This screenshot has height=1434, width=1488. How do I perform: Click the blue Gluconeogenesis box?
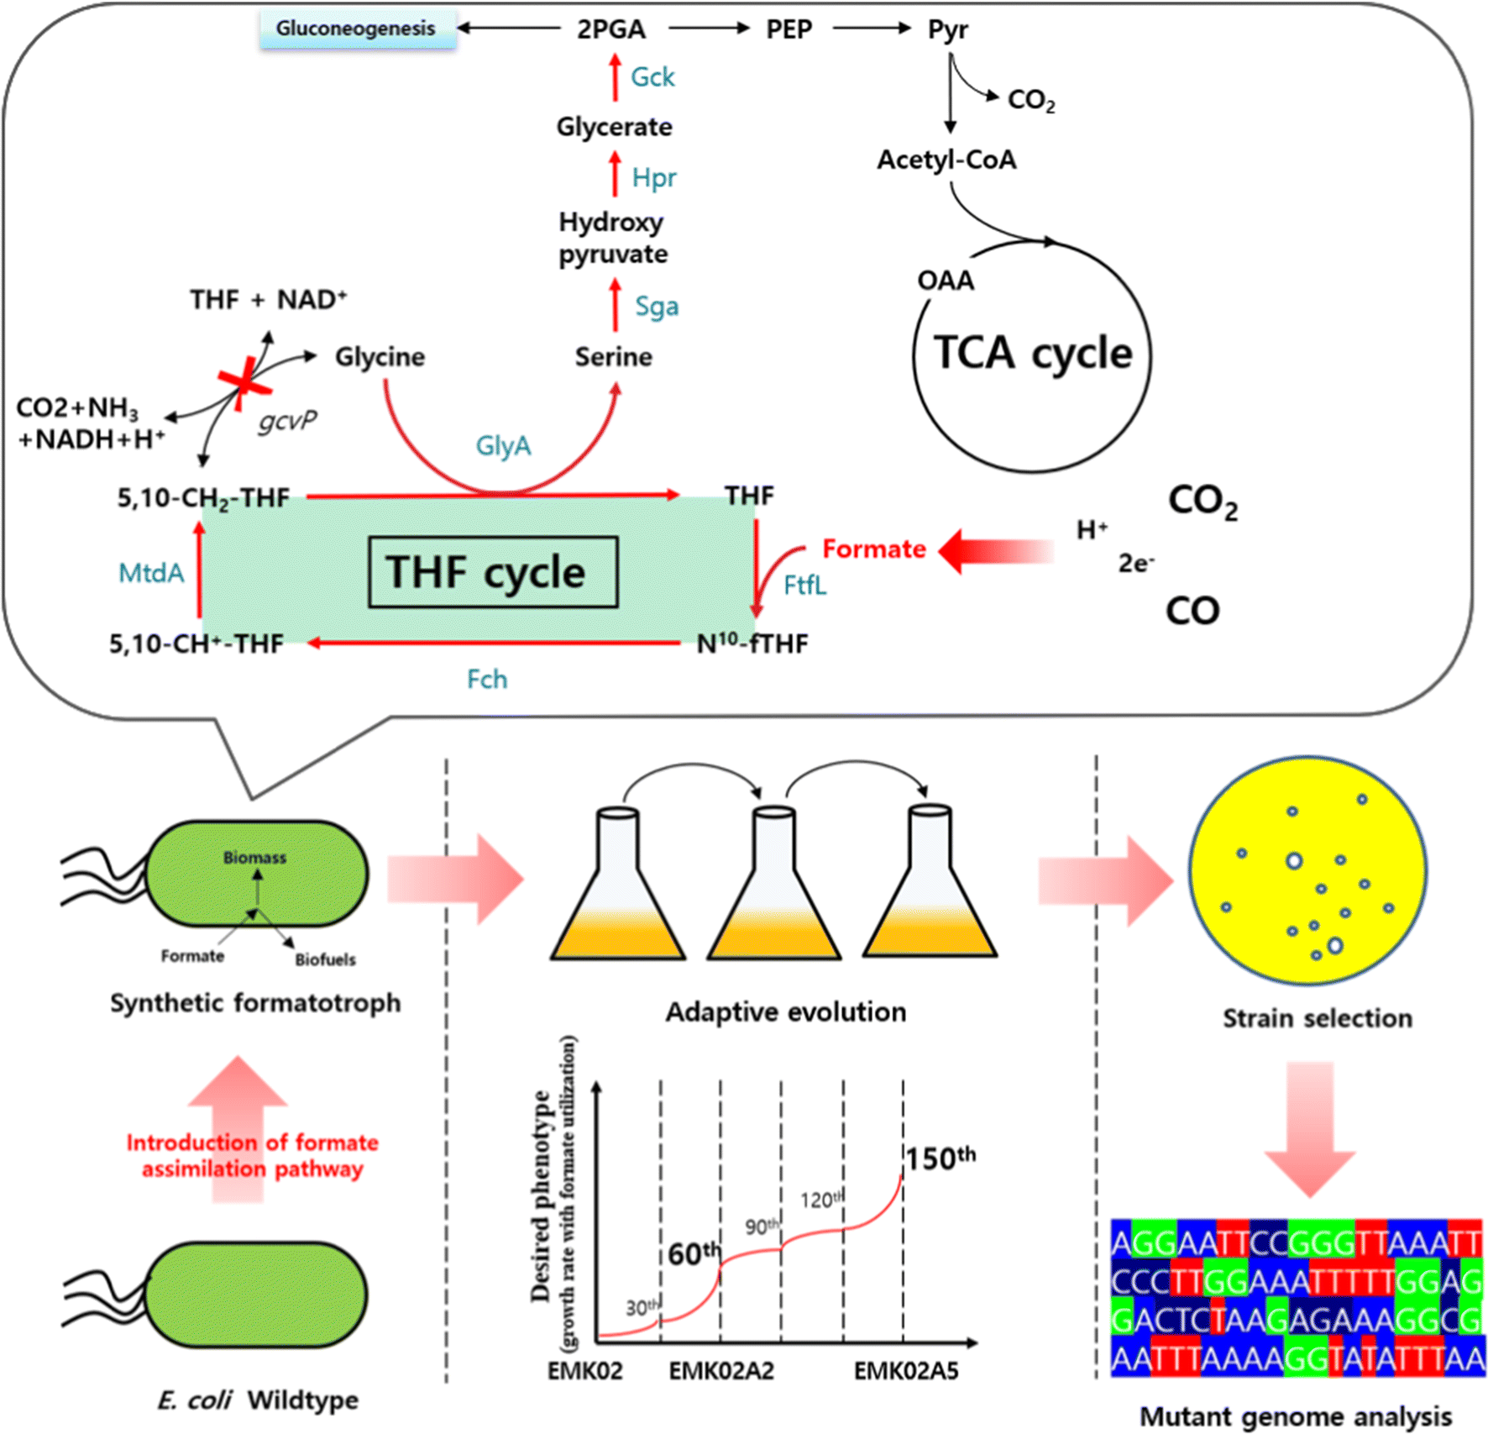[x=357, y=29]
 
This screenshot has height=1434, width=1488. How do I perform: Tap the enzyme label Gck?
[x=652, y=77]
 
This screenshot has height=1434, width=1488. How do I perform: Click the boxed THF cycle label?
[x=493, y=572]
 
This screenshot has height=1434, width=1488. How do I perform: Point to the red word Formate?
[x=873, y=549]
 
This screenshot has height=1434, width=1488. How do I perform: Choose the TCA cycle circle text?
[x=1033, y=353]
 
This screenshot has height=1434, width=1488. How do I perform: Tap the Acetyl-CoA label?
[x=946, y=160]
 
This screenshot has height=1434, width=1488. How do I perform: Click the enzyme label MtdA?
[x=151, y=574]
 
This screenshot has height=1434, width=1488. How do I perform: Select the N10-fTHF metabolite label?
[x=752, y=644]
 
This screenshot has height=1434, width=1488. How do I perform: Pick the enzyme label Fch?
[x=487, y=679]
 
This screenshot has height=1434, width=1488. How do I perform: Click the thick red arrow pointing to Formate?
[x=995, y=551]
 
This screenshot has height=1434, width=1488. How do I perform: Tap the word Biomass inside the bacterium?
[x=254, y=858]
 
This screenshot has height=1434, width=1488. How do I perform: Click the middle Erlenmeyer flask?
[x=773, y=890]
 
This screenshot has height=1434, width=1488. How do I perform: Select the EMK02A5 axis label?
[x=906, y=1371]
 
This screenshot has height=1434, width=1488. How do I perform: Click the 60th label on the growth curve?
[x=694, y=1253]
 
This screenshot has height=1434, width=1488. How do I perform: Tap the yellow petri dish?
[x=1307, y=871]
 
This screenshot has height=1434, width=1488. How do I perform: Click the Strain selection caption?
[x=1317, y=1018]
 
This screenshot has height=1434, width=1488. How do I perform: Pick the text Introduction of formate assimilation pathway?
[x=252, y=1155]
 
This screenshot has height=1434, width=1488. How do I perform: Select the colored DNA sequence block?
[x=1297, y=1298]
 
